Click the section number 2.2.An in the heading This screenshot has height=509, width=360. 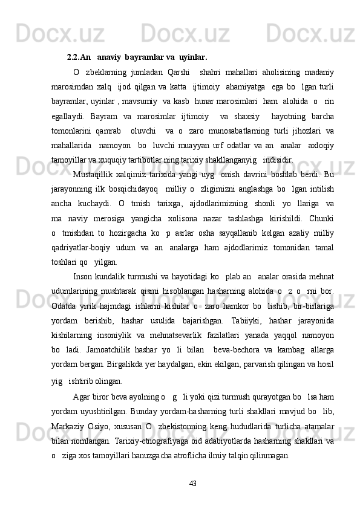[x=79, y=58]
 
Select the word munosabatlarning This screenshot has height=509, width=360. [x=254, y=131]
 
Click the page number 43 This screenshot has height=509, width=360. [x=193, y=484]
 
